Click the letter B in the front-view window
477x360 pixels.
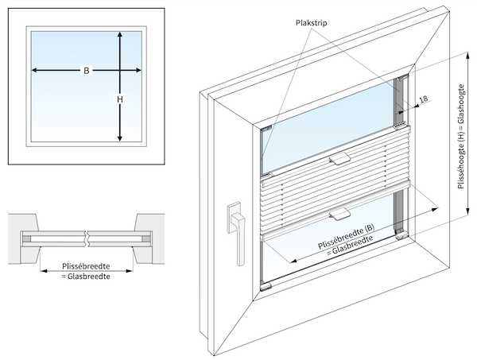85,72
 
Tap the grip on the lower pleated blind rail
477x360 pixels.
339,212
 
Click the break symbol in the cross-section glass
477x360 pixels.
91,237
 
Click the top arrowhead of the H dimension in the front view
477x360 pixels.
119,35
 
